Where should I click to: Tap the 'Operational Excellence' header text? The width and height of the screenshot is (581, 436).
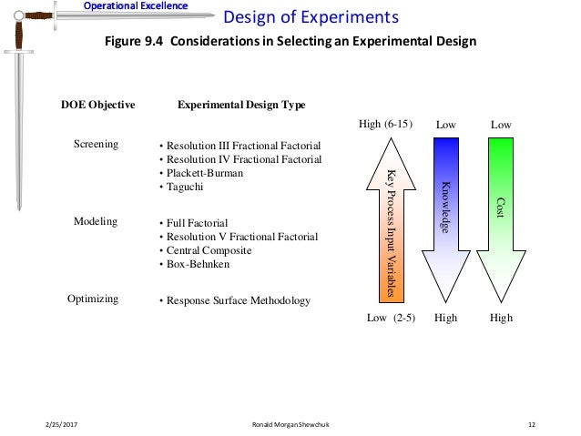click(136, 6)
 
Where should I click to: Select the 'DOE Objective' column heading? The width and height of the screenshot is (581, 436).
click(97, 106)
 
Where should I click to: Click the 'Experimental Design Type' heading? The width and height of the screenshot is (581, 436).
click(240, 106)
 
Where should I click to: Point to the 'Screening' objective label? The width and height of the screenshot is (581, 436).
click(96, 145)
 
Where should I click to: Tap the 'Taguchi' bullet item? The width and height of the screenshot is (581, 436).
click(185, 187)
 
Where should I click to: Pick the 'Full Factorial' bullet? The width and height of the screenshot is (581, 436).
click(194, 223)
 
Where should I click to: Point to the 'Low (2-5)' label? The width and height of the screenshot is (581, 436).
click(391, 318)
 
